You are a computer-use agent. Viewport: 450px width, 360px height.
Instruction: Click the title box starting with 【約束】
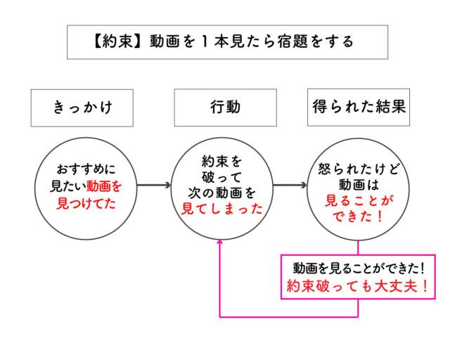pos(228,42)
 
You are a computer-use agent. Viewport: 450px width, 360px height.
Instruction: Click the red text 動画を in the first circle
pos(104,187)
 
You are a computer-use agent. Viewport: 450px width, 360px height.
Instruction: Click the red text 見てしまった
pos(222,208)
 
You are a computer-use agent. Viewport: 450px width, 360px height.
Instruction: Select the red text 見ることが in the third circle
pos(358,200)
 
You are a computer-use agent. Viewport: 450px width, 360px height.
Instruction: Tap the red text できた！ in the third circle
pos(358,217)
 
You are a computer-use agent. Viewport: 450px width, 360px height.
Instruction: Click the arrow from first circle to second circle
pos(153,186)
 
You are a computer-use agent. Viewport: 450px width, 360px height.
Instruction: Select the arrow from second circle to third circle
pos(290,186)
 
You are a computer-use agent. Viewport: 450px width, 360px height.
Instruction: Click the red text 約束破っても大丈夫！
pos(358,287)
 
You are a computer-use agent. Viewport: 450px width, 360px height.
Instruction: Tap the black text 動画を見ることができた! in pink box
pos(358,269)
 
